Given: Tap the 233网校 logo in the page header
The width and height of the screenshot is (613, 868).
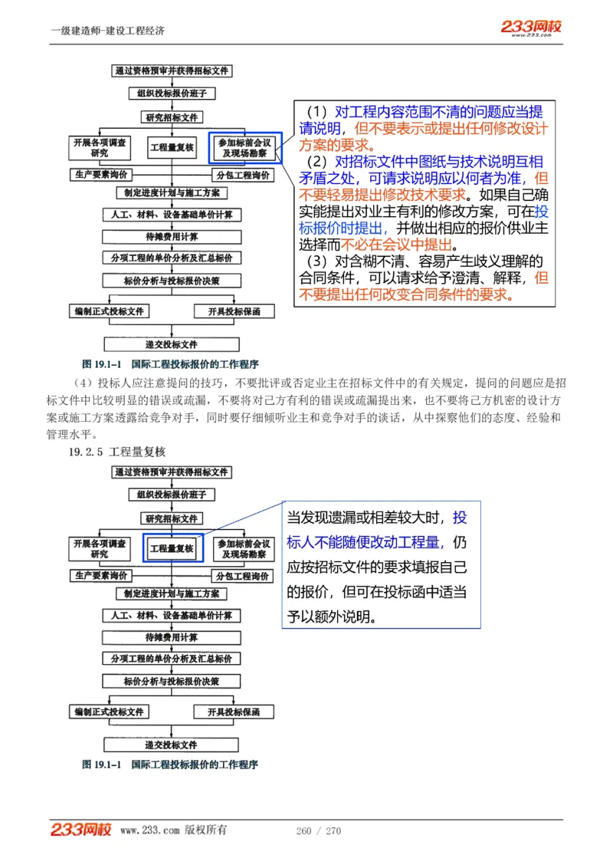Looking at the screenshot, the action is coord(531,28).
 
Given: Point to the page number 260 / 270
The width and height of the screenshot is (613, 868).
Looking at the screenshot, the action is coord(318,830).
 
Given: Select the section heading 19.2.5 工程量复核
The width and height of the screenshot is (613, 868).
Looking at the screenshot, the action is coord(116,452).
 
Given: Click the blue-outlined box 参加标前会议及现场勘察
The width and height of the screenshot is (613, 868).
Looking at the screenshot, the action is coord(244,147).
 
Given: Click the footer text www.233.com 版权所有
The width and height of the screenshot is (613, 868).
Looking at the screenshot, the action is coord(173,830).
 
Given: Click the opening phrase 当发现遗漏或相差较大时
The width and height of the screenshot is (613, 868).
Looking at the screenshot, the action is coord(367,518).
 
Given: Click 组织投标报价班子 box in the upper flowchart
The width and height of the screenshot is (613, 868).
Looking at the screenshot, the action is coord(172,94).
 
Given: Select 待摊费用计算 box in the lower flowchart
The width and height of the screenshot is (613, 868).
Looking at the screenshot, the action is coord(172,637).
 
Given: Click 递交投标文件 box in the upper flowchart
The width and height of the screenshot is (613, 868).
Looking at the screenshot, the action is coord(172,344).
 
